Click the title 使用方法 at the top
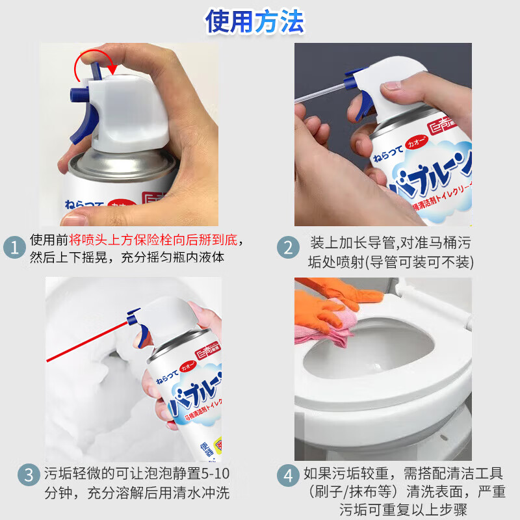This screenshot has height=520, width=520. [x=255, y=21]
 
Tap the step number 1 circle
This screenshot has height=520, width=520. [x=13, y=248]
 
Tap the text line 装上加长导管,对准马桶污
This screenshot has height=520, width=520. [x=390, y=243]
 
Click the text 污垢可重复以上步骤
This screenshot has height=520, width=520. [x=403, y=509]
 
